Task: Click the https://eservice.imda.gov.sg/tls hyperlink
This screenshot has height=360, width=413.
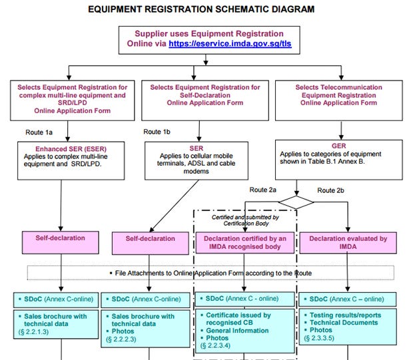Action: point(230,44)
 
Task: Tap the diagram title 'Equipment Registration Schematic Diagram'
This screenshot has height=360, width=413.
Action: point(201,9)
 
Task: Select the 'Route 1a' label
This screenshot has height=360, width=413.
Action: point(39,132)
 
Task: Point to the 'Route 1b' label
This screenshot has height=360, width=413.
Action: point(157,132)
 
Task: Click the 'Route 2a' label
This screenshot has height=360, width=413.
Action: point(263,190)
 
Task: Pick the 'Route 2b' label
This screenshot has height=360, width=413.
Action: point(330,190)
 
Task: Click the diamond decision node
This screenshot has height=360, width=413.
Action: point(296,202)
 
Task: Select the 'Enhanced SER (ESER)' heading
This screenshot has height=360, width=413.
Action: point(71,149)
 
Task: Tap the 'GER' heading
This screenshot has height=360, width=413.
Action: point(338,146)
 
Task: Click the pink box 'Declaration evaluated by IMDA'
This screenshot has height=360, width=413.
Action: point(348,243)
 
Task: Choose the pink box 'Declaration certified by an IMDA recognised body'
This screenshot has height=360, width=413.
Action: point(245,243)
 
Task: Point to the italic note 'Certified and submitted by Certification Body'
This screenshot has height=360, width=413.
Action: point(246,220)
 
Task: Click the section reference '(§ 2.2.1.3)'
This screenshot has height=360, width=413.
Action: point(33,332)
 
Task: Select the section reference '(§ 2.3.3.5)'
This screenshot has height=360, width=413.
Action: point(319,338)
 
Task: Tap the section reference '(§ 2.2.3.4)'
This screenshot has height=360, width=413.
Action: point(215,345)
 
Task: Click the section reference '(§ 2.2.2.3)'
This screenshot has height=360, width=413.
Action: point(121,339)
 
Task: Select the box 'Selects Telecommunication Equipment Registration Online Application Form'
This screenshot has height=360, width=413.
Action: point(338,100)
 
